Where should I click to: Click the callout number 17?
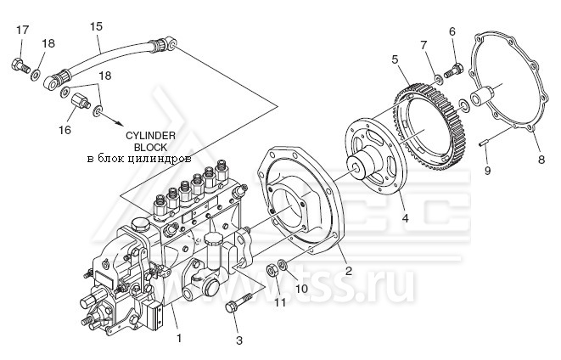pyautogui.click(x=22, y=31)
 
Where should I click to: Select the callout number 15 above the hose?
pyautogui.click(x=96, y=26)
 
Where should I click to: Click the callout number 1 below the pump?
pyautogui.click(x=178, y=339)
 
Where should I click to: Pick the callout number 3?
pyautogui.click(x=238, y=340)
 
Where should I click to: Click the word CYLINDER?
pyautogui.click(x=150, y=135)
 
